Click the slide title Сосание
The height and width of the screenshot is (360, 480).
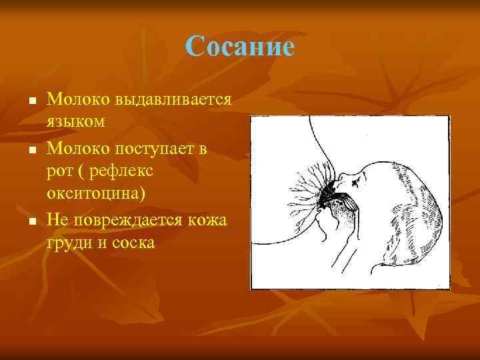point(240,47)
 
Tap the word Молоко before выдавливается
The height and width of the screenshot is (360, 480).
point(79,100)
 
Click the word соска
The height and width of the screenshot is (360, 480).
point(132,243)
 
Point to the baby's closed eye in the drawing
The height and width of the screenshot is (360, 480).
point(364,175)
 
